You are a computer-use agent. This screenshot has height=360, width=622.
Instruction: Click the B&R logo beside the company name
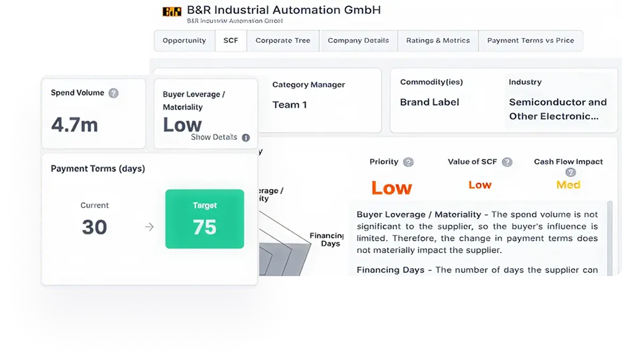point(172,11)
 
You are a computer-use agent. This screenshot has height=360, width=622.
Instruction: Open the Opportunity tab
point(184,40)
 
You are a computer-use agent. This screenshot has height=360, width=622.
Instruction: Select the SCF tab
point(231,40)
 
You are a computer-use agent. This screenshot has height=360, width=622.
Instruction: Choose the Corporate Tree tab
point(283,40)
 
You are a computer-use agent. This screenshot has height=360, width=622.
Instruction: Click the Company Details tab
point(358,40)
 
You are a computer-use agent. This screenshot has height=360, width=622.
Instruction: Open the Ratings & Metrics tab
point(438,40)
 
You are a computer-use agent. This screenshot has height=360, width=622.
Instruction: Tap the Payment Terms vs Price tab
point(530,40)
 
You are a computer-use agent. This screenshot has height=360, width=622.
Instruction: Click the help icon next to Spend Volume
point(113,93)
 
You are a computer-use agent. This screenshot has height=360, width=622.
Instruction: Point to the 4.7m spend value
point(74,124)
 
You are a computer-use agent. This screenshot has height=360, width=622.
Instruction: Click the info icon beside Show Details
point(245,138)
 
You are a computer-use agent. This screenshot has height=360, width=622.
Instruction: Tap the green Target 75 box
point(205,219)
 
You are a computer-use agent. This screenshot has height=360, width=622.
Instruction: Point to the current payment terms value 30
point(95,227)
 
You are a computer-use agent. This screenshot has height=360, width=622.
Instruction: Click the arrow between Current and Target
point(149,227)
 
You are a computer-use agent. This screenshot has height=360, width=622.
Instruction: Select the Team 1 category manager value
point(289,105)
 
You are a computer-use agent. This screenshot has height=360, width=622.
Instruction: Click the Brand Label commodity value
point(429,102)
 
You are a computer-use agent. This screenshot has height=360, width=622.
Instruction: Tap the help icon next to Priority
point(408,162)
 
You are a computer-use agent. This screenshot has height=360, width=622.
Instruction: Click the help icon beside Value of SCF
point(507,162)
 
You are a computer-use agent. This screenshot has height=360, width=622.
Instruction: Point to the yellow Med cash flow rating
point(568,185)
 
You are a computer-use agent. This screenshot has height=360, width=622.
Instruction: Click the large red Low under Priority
point(391,187)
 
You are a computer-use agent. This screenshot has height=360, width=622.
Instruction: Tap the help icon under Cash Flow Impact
point(570,172)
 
